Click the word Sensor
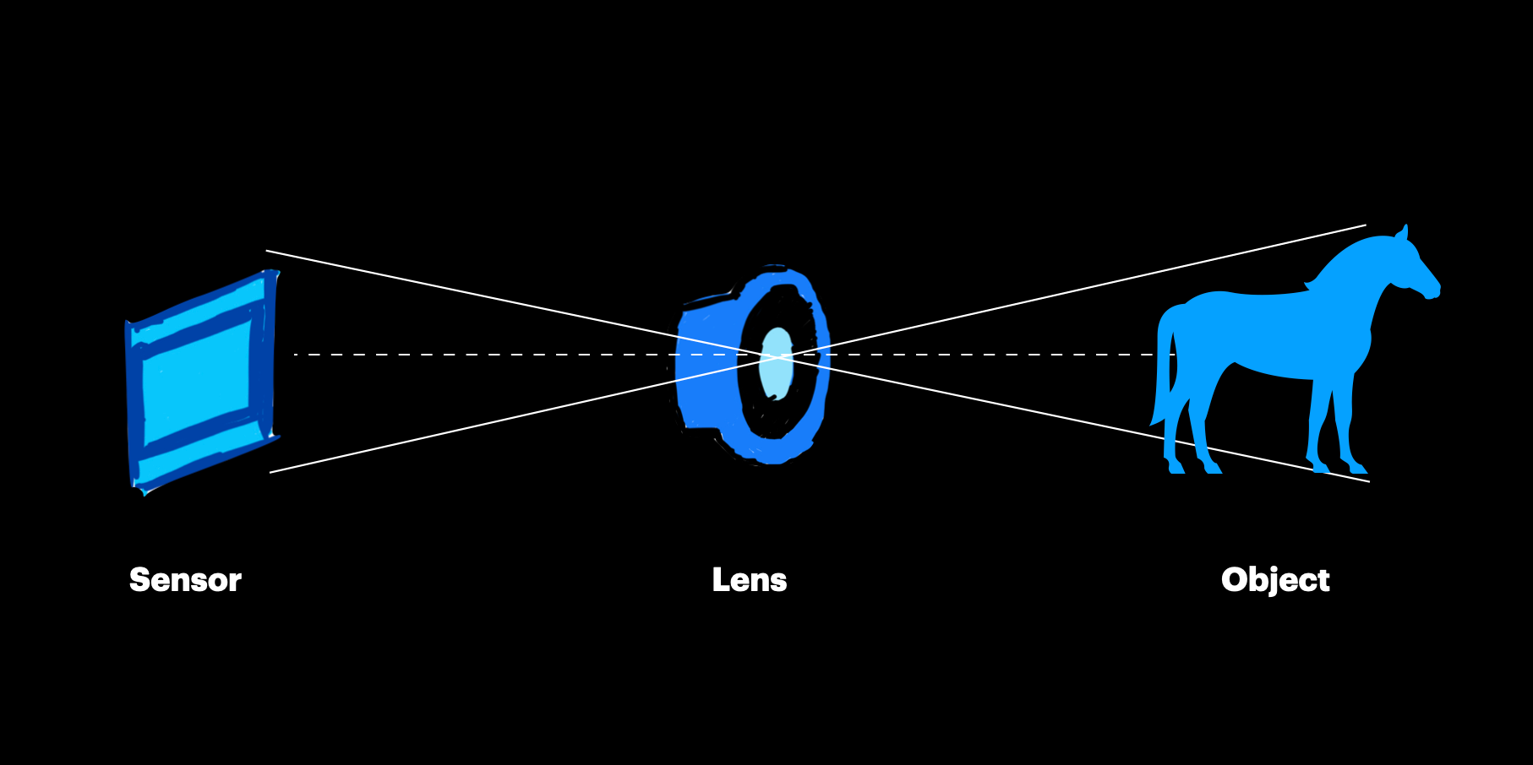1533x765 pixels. [x=185, y=580]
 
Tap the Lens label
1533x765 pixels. [x=750, y=580]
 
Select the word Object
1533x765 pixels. [x=1275, y=580]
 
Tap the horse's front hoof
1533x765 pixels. [x=1357, y=467]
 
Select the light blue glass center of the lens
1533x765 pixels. [x=776, y=363]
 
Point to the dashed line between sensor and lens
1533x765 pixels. [x=507, y=355]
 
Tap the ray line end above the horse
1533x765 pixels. [x=1364, y=225]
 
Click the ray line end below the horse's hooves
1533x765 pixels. [x=1367, y=481]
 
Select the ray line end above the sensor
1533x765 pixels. [x=268, y=251]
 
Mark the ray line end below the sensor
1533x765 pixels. [x=271, y=472]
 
